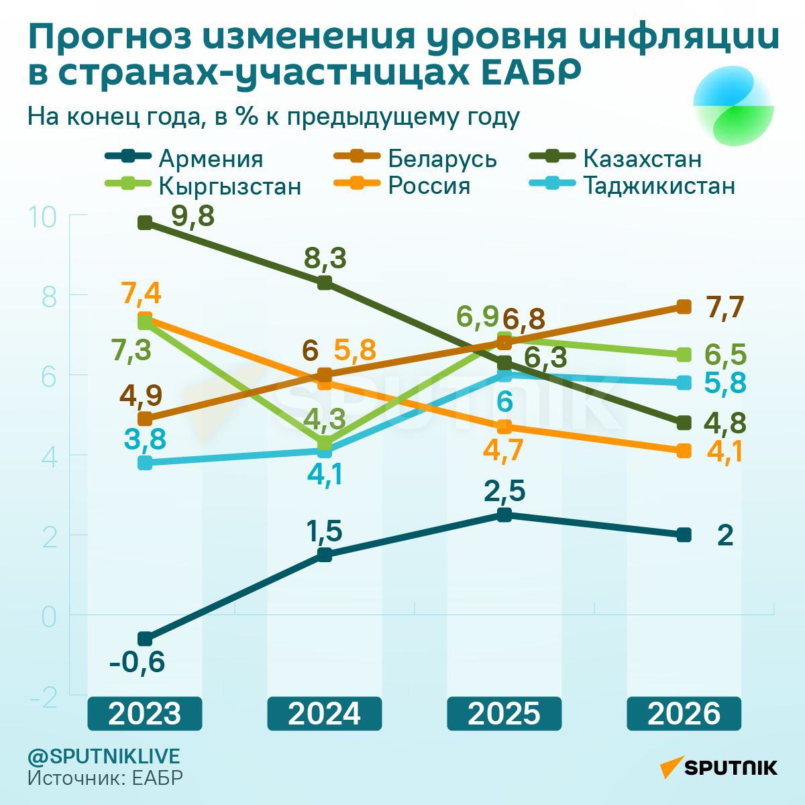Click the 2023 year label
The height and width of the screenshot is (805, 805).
tap(145, 714)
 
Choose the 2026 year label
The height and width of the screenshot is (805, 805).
tap(684, 714)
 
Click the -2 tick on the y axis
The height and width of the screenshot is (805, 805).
tap(44, 698)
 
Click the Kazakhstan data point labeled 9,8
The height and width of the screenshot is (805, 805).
tap(145, 223)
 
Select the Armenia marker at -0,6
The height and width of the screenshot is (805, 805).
tap(145, 639)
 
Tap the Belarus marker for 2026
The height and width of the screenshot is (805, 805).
tap(684, 307)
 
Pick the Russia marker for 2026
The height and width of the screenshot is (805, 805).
tap(684, 450)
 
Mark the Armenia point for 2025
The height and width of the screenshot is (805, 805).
tap(504, 515)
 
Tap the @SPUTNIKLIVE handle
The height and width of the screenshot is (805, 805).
tap(104, 756)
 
